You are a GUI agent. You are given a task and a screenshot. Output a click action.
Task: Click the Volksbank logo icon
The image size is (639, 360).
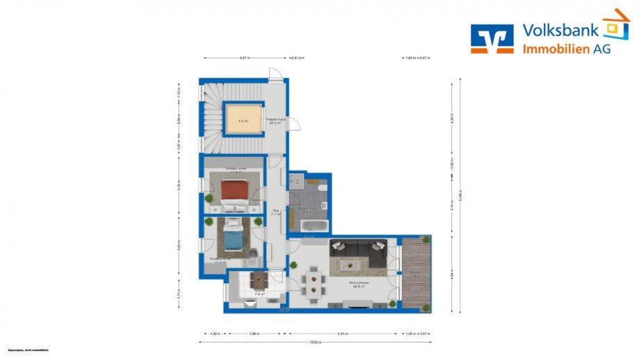point(492,39)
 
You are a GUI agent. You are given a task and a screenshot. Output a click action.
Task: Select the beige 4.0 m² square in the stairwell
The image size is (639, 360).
point(242,120)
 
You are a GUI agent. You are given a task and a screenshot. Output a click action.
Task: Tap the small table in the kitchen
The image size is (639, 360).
point(258,279)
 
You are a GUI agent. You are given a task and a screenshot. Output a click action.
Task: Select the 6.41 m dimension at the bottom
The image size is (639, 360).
point(342,334)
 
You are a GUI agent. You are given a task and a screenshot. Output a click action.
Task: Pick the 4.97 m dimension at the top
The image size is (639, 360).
point(244,58)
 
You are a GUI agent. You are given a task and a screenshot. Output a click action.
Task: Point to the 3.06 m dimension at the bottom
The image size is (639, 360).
point(254,334)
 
